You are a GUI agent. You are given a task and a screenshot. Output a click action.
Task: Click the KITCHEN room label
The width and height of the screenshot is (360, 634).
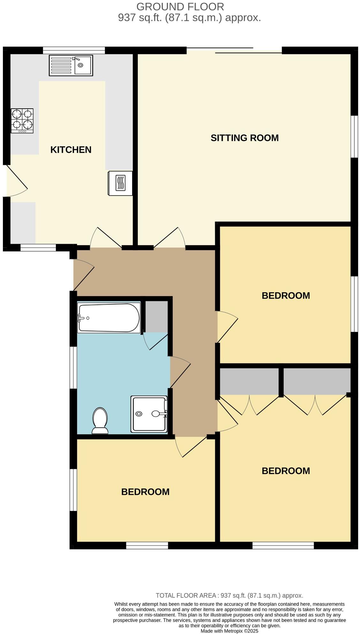point(71,149)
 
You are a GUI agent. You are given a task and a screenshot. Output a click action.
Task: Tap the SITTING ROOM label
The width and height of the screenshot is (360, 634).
point(244,138)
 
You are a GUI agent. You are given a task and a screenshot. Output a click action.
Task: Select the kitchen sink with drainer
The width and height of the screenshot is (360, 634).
point(71,65)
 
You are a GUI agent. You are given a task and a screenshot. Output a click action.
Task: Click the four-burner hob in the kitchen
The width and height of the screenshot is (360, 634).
point(22,121)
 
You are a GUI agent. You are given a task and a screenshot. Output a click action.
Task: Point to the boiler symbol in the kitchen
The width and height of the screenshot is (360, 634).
point(120,183)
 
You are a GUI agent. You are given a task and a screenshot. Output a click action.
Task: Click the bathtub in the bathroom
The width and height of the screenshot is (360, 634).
point(109,318)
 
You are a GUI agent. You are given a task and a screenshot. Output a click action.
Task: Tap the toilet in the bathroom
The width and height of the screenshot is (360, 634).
point(100,421)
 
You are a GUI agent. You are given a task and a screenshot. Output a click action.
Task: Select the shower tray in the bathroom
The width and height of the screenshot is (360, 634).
point(149,414)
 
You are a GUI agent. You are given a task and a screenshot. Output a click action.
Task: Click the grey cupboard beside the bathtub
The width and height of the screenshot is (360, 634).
point(157,317)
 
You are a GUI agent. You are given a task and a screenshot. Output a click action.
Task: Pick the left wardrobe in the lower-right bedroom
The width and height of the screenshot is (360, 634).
point(249,381)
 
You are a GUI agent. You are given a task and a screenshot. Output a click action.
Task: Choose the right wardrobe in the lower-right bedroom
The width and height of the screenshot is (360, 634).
point(317,381)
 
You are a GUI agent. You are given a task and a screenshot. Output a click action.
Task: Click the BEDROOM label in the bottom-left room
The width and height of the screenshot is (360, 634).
point(145,492)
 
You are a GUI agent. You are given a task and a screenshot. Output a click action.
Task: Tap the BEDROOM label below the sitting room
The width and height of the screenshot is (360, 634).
point(286,295)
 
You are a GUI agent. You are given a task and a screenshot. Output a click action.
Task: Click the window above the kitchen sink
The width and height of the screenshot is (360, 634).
point(74,50)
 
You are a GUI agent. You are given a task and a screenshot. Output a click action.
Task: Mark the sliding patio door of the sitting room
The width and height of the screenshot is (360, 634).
point(234,50)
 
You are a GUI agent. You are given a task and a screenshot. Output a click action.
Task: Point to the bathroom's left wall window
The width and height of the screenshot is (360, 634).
point(73,367)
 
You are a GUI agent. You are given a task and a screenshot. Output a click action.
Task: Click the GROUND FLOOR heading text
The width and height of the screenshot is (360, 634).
point(180,6)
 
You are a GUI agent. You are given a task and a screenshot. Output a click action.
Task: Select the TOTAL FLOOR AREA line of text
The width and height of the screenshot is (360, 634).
point(229,595)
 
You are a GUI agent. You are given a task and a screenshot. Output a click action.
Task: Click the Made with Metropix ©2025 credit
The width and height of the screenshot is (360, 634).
point(229,631)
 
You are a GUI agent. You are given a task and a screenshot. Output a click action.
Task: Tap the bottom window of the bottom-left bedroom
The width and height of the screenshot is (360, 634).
point(147,546)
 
